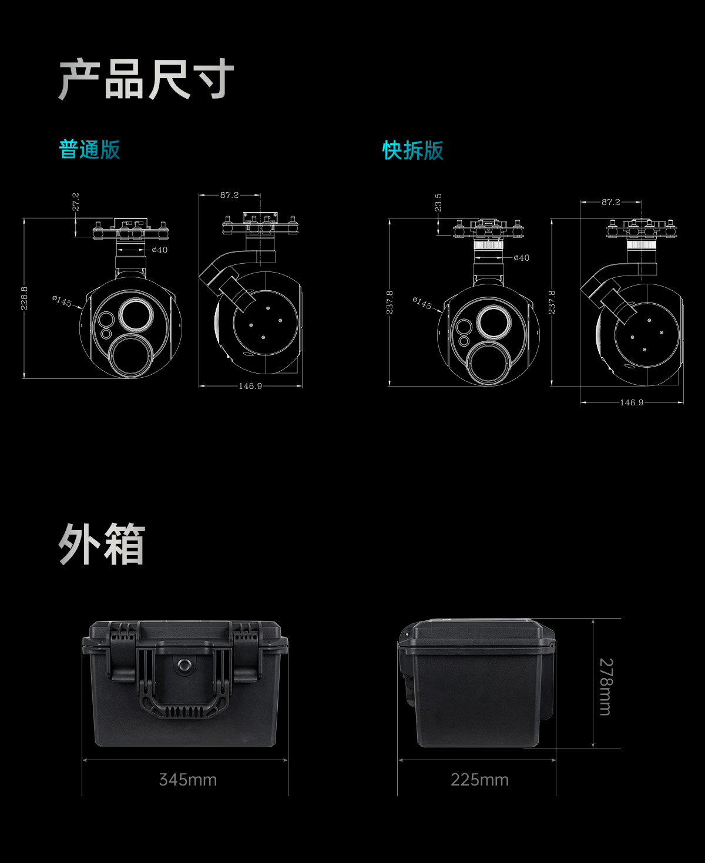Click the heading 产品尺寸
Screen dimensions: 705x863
146,79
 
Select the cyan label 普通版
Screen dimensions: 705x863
90,149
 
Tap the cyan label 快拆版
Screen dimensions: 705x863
413,150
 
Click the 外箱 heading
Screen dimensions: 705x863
102,544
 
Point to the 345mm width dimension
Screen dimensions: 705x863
188,780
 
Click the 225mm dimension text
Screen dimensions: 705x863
479,780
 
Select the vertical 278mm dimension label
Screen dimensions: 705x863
606,687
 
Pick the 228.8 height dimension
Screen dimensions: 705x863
24,298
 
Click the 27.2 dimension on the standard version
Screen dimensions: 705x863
76,202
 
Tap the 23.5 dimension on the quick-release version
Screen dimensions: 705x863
438,203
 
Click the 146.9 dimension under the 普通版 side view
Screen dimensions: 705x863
250,386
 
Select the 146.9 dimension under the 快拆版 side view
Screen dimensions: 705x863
632,402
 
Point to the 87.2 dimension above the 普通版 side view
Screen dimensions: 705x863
230,195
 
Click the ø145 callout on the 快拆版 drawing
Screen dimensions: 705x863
422,303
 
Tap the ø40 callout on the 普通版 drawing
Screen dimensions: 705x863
160,250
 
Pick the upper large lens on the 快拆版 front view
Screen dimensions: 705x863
493,323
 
